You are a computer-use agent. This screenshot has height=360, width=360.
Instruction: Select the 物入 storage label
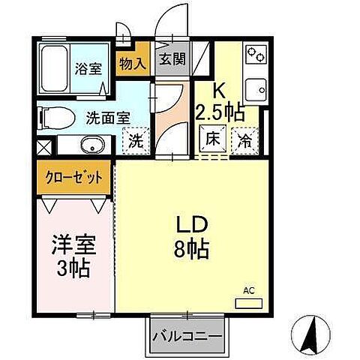pos(133,64)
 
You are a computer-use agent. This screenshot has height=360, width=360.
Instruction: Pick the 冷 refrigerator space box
pos(244,138)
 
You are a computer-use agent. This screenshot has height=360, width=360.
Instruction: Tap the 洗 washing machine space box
pos(136,139)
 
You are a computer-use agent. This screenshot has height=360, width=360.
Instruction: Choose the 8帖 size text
pos(193,248)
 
